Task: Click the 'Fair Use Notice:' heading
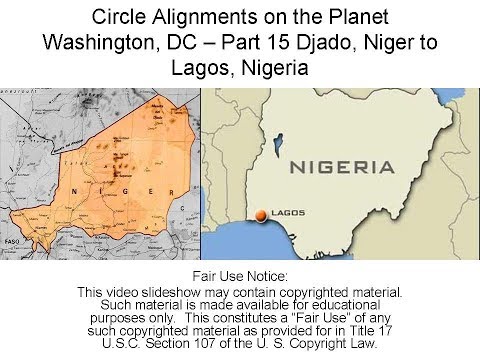coord(239,275)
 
